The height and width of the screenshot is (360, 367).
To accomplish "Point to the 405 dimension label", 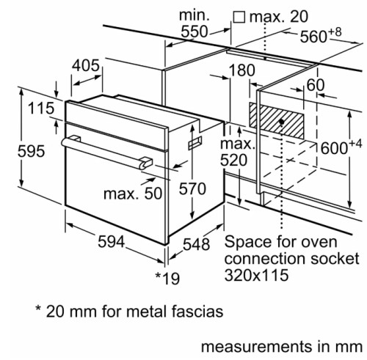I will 86,65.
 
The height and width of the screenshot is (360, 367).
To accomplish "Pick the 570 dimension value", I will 192,188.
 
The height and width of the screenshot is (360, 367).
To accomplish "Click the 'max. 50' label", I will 133,195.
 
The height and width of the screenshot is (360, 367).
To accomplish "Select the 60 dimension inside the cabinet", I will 315,85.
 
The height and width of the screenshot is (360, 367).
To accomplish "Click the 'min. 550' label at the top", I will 195,23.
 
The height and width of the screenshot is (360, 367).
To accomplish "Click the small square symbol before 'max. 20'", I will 238,16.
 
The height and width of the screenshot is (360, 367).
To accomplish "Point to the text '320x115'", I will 258,275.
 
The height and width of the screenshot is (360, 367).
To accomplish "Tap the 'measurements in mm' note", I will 282,346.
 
